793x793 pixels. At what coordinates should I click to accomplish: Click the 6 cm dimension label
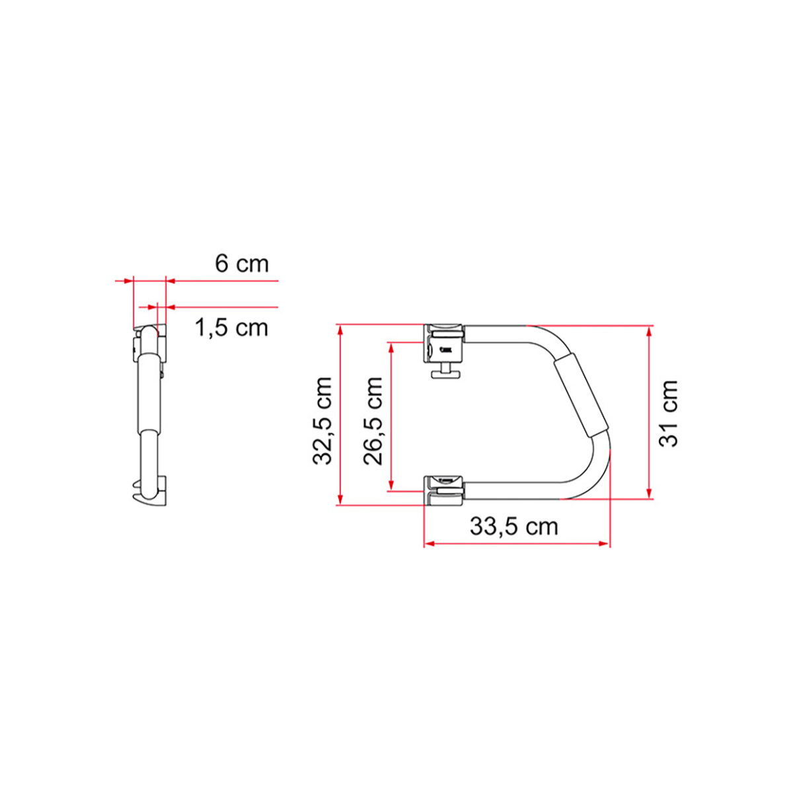point(242,264)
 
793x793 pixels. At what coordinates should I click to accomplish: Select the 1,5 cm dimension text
point(231,327)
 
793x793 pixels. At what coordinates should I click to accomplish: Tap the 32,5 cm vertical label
point(322,421)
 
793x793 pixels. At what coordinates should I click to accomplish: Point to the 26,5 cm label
point(373,421)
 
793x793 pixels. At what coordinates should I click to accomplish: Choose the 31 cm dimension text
point(669,414)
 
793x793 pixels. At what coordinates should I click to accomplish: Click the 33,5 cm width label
point(513,527)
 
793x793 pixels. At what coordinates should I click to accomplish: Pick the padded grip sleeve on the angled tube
point(582,394)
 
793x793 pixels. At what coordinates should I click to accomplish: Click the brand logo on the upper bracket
point(448,350)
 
